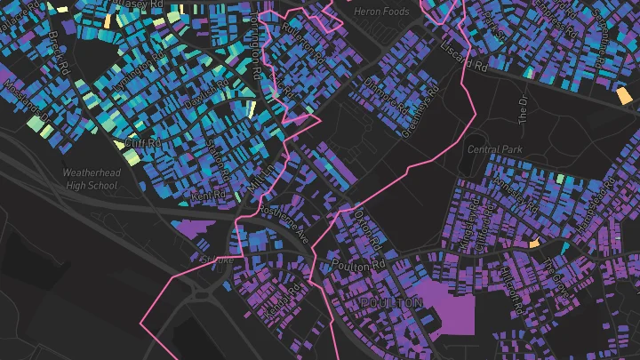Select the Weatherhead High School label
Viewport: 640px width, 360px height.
(x=91, y=179)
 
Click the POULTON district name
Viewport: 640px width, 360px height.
(x=392, y=303)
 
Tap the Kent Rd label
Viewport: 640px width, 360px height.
(x=210, y=194)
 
